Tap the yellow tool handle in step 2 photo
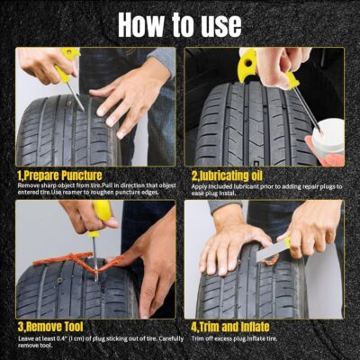[247, 65]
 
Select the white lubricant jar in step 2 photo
[332, 139]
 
